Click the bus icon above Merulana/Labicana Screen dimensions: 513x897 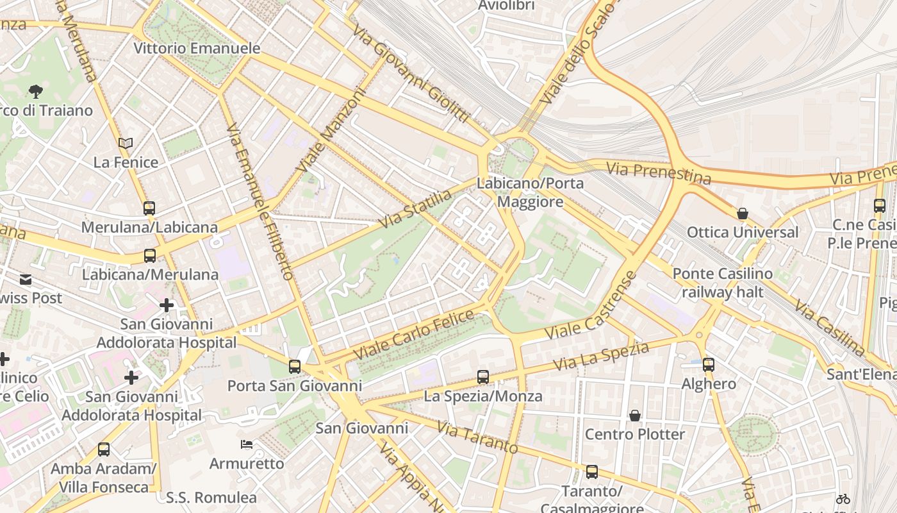pos(149,208)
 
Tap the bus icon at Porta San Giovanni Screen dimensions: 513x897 pos(295,367)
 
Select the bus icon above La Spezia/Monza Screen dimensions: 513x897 pos(483,377)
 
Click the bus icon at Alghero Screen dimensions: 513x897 pos(709,365)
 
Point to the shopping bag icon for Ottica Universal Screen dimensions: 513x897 pos(743,214)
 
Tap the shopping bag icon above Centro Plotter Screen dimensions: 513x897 pos(635,416)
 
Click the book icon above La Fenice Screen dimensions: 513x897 pos(126,144)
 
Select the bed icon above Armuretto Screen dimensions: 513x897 pos(247,444)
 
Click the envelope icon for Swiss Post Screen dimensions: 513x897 pos(26,280)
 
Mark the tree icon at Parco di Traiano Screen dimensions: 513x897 pos(36,92)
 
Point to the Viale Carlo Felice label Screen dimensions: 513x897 pos(414,334)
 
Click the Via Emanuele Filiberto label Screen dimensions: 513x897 pos(259,201)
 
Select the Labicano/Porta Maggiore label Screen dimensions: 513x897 pos(530,192)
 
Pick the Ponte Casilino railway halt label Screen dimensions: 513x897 pos(722,283)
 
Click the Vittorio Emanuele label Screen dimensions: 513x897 pos(197,48)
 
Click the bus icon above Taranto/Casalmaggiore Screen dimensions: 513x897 pos(592,472)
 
